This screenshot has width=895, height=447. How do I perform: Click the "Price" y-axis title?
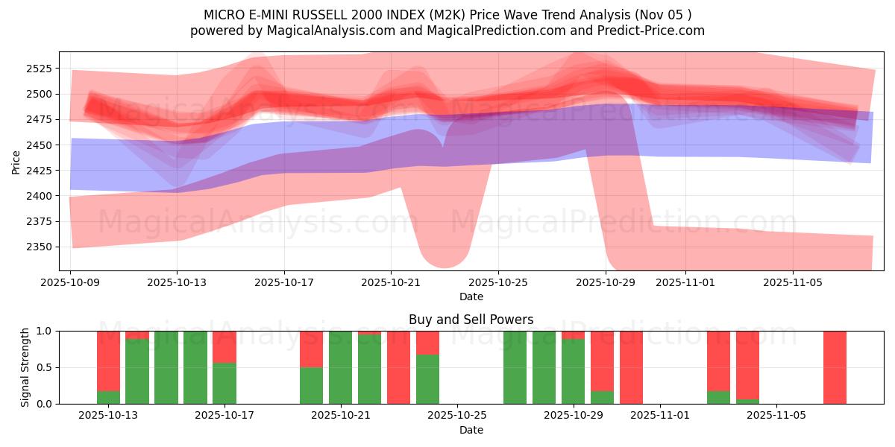pyautogui.click(x=16, y=161)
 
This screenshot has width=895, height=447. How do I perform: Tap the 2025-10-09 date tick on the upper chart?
pyautogui.click(x=71, y=283)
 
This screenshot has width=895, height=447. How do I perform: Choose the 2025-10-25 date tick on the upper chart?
pyautogui.click(x=498, y=283)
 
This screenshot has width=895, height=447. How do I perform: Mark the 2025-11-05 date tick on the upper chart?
pyautogui.click(x=792, y=283)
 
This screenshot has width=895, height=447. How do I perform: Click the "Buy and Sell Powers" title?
pyautogui.click(x=471, y=320)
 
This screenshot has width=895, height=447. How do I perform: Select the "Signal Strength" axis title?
pyautogui.click(x=25, y=367)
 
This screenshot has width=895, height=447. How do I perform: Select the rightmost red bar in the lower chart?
pyautogui.click(x=835, y=367)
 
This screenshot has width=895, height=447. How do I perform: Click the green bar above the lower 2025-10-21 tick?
pyautogui.click(x=341, y=367)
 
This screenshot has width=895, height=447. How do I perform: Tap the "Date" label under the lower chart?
pyautogui.click(x=471, y=430)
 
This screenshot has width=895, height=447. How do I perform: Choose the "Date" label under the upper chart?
pyautogui.click(x=471, y=297)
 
